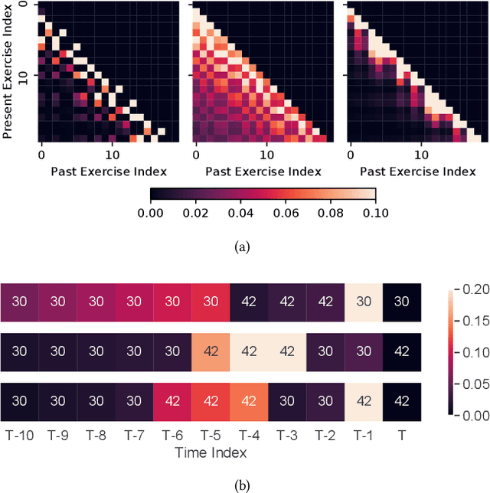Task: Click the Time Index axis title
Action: click(210, 452)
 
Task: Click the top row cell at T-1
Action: click(363, 302)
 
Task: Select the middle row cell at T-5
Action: click(210, 352)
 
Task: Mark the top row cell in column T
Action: click(401, 302)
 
